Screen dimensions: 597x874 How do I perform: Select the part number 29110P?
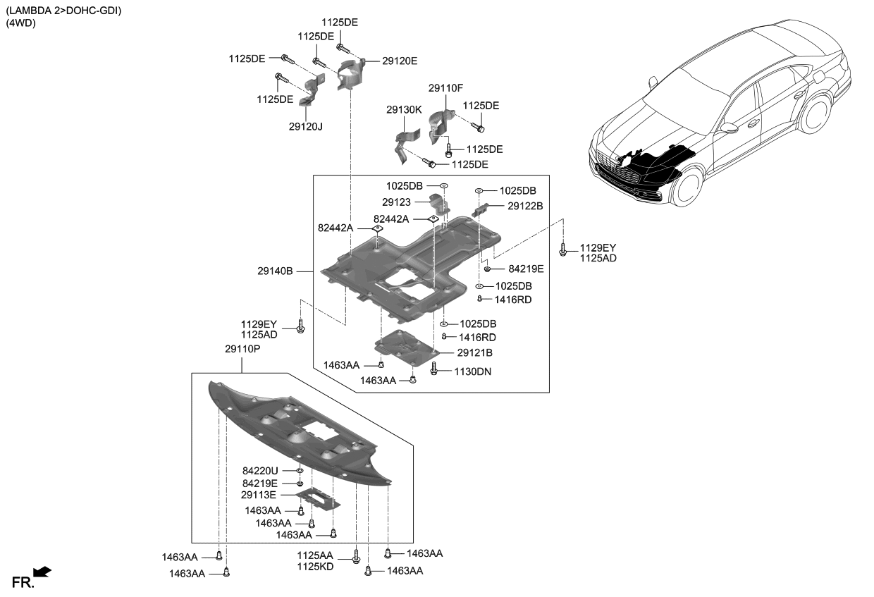click(x=241, y=349)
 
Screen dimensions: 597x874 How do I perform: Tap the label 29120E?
click(x=400, y=61)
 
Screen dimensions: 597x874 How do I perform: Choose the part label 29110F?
click(x=445, y=88)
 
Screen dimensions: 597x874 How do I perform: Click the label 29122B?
click(x=525, y=206)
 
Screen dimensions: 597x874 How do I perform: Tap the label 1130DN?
click(x=474, y=371)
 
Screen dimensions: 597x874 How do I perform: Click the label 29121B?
click(x=474, y=352)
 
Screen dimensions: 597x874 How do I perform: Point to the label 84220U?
click(x=260, y=470)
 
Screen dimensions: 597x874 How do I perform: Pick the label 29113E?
click(x=259, y=496)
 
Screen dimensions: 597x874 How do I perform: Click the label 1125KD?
click(x=314, y=567)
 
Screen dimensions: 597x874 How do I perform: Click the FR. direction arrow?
click(x=42, y=572)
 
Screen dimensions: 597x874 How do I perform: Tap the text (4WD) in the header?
click(x=21, y=23)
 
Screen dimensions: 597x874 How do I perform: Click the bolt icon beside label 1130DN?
click(x=434, y=368)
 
